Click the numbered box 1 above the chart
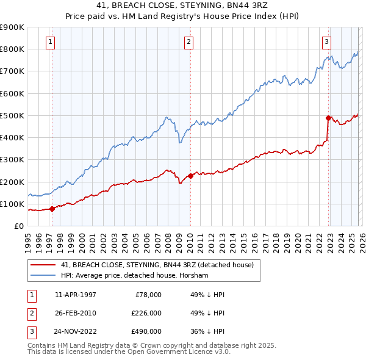(50, 42)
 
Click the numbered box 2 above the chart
(188, 42)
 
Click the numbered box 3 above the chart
(326, 42)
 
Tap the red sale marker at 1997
(52, 209)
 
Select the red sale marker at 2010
(190, 176)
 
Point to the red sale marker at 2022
(328, 118)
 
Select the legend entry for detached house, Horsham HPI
(135, 275)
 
